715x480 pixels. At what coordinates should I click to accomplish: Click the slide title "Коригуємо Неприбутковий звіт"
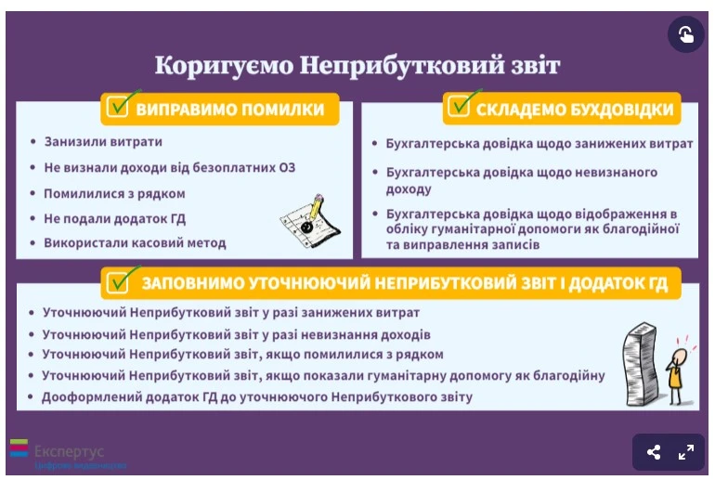pyautogui.click(x=357, y=66)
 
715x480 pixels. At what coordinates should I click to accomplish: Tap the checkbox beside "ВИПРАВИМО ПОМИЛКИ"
pyautogui.click(x=118, y=108)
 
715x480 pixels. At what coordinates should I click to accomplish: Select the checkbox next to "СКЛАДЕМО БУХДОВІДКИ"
pyautogui.click(x=460, y=108)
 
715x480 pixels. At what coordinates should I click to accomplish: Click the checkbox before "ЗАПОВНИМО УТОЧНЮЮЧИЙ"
pyautogui.click(x=118, y=281)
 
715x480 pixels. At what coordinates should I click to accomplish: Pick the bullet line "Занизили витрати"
pyautogui.click(x=102, y=142)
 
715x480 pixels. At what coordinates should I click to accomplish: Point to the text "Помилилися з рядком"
pyautogui.click(x=114, y=193)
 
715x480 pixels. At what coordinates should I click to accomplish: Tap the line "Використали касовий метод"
pyautogui.click(x=135, y=243)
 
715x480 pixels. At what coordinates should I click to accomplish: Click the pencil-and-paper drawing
pyautogui.click(x=305, y=220)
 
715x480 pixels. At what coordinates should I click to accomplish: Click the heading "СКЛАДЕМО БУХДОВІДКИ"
pyautogui.click(x=575, y=110)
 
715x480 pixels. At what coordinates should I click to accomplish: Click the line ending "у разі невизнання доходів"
pyautogui.click(x=237, y=333)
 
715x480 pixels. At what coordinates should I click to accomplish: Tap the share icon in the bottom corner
pyautogui.click(x=654, y=452)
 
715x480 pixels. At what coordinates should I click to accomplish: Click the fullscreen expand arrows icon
pyautogui.click(x=686, y=452)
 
